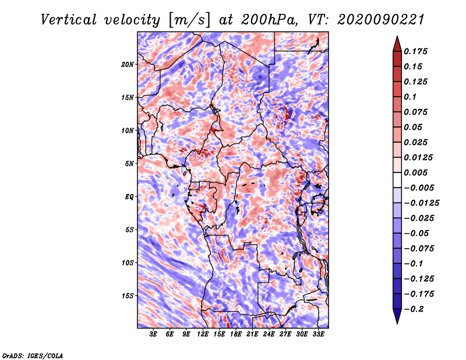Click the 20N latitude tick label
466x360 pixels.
pos(128,64)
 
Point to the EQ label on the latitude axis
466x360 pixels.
pos(129,196)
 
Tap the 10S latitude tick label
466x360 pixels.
pos(128,263)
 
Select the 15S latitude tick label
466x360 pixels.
pos(128,296)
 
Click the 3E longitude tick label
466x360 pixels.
pos(154,336)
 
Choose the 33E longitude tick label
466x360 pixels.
pos(318,336)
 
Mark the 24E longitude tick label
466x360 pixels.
pos(269,336)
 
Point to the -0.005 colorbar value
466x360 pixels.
pos(419,188)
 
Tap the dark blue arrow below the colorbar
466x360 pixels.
pos(397,317)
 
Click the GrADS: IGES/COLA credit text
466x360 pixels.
pos(32,355)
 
